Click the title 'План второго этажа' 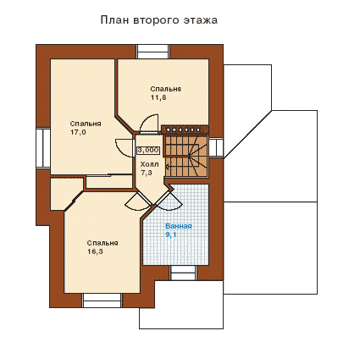[159, 20]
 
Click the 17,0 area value [78, 132]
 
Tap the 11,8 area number [158, 97]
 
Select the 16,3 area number [95, 251]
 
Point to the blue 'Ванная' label [179, 226]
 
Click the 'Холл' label [149, 164]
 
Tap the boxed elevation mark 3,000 [148, 151]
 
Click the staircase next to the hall [186, 157]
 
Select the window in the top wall [153, 52]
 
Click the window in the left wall [43, 148]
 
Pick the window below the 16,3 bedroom [102, 301]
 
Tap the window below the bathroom [184, 273]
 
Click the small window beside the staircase [216, 147]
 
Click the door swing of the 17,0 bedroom [125, 147]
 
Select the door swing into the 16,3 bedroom [138, 201]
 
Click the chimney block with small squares [185, 130]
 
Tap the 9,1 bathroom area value [171, 234]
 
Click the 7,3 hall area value [147, 173]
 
